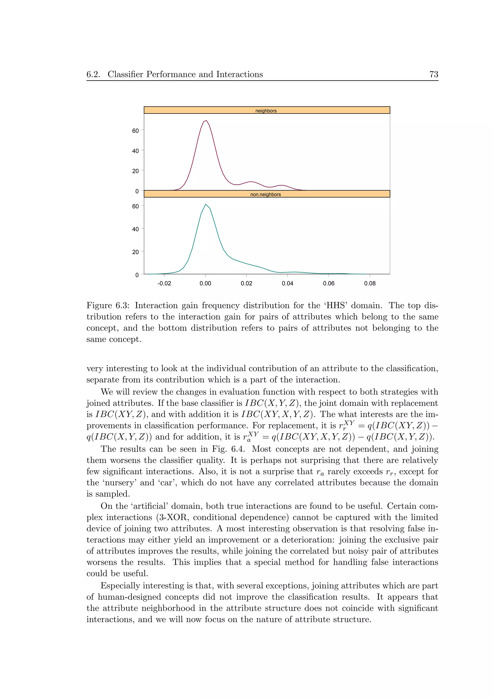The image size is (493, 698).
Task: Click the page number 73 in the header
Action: point(434,74)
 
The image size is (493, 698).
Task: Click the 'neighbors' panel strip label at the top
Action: point(266,111)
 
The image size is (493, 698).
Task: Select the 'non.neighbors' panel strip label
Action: point(266,194)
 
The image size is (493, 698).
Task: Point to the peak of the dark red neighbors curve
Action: point(206,121)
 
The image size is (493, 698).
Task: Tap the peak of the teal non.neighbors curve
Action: point(206,204)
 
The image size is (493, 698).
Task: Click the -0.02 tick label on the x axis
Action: point(164,283)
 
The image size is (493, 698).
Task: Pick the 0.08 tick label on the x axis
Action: point(370,283)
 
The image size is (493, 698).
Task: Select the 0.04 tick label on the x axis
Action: point(287,283)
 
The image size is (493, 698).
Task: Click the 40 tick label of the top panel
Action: point(136,151)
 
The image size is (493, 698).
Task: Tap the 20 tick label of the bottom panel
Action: point(136,252)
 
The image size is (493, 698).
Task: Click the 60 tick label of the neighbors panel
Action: point(136,131)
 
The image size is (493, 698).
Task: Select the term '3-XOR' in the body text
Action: point(174,517)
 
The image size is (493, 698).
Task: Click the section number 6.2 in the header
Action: point(93,74)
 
